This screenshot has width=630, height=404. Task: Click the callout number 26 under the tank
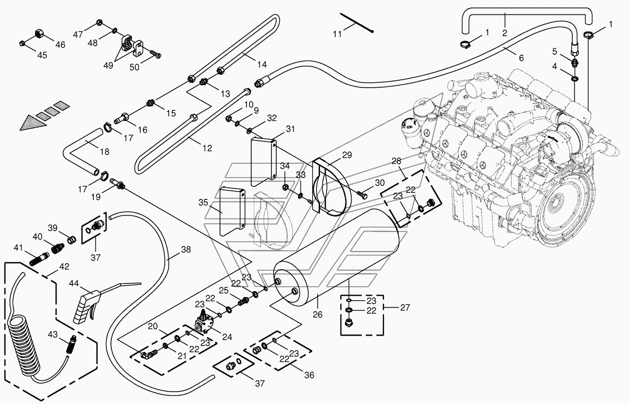click(317, 314)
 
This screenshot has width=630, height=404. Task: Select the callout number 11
click(337, 34)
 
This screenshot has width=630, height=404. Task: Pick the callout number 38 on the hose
click(186, 249)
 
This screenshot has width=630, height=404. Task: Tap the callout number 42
click(64, 266)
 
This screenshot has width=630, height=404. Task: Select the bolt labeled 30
click(362, 194)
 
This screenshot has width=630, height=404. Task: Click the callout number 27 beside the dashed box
click(405, 308)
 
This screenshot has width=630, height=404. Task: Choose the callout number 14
click(262, 65)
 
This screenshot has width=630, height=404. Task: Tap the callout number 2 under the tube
click(505, 33)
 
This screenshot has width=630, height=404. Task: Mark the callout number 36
click(309, 375)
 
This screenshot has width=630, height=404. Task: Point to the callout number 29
click(347, 155)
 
